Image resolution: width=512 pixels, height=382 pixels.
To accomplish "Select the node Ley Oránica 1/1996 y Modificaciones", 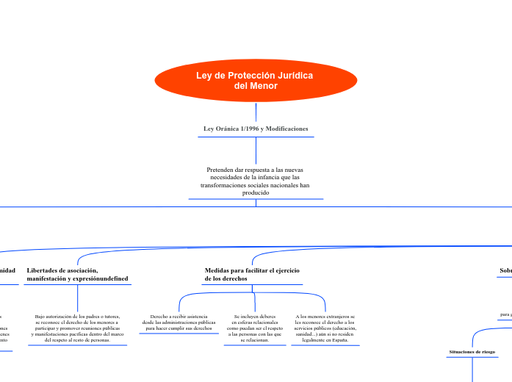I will (x=256, y=129).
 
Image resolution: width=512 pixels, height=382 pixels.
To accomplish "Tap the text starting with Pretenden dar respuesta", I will (x=256, y=181).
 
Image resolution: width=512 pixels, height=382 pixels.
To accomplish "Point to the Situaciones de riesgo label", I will (x=472, y=352).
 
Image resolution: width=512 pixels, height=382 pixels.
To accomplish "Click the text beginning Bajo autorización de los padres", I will (x=77, y=328).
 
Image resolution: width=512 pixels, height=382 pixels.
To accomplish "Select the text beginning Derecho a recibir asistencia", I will (x=179, y=322).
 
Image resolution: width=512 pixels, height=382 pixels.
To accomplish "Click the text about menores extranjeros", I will (x=325, y=328).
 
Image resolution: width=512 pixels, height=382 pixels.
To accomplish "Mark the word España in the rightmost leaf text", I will (x=338, y=341).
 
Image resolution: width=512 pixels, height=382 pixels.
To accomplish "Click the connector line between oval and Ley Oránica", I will (x=256, y=112).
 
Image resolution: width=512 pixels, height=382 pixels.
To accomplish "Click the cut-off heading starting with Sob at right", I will (x=505, y=271).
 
